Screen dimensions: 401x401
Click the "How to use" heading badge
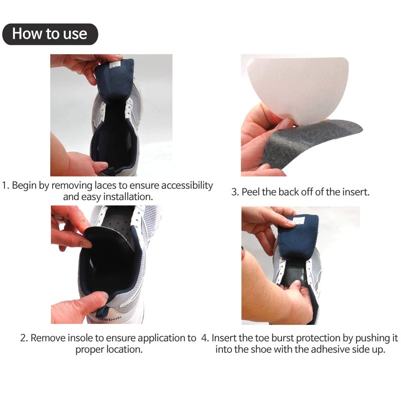pyautogui.click(x=49, y=34)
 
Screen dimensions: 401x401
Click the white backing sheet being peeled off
pyautogui.click(x=296, y=85)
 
